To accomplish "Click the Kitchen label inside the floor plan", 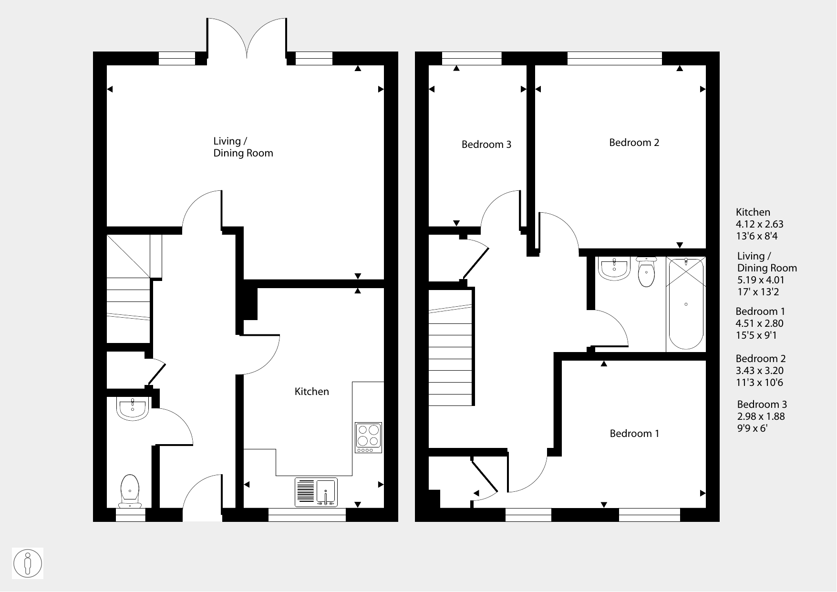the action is pos(312,392).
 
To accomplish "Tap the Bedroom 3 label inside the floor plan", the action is pos(486,145).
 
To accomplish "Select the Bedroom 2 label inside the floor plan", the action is pos(634,143).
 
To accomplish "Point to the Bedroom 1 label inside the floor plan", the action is pos(634,434).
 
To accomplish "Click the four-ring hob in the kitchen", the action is pos(369,438).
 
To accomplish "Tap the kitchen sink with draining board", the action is pos(316,492).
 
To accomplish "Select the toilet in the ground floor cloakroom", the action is pos(130,491).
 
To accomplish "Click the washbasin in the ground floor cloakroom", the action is pos(133,409).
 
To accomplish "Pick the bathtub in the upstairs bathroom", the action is pos(686,303).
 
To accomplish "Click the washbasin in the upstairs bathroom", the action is pos(614,269).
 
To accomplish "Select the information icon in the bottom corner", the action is pos(28,563).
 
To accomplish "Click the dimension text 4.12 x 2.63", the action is pos(760,224).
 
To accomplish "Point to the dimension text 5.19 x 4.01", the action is pos(761,280).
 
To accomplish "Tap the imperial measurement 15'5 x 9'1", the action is pos(756,335).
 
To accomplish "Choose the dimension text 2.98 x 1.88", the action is pos(761,416).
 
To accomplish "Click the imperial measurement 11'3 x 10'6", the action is pos(760,383).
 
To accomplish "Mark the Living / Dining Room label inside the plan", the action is pos(243,147).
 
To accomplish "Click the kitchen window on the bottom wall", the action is pos(307,515).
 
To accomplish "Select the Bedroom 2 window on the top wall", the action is pos(615,58).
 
